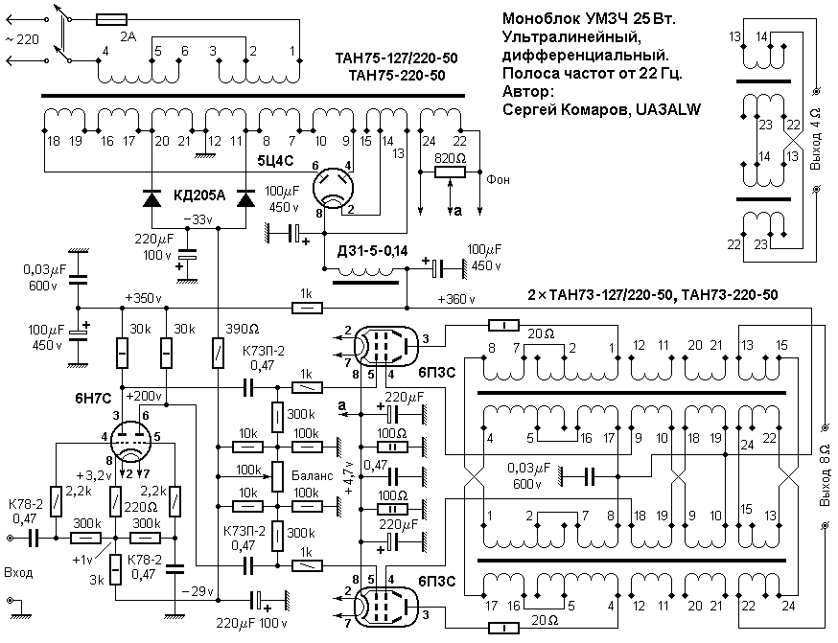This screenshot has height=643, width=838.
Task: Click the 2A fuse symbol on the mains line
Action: click(x=111, y=20)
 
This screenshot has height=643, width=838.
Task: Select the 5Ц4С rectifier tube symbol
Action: click(x=333, y=188)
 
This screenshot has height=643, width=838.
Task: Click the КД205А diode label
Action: click(x=199, y=195)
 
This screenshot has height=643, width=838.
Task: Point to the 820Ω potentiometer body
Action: click(x=450, y=172)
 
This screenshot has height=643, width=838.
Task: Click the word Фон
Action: click(x=498, y=180)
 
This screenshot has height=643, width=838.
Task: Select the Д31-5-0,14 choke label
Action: click(x=372, y=250)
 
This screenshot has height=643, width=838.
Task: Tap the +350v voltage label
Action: click(x=143, y=298)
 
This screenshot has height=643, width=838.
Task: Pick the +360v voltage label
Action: click(x=455, y=299)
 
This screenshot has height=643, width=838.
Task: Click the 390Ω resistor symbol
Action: click(x=218, y=353)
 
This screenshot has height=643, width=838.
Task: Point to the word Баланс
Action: click(x=313, y=475)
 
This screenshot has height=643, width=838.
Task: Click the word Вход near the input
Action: click(x=19, y=573)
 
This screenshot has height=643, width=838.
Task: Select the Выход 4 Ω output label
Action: click(x=814, y=139)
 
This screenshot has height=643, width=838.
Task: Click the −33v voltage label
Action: click(x=198, y=219)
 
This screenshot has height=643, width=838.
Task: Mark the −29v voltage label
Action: click(x=198, y=591)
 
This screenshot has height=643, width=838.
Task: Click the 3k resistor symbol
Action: click(x=116, y=570)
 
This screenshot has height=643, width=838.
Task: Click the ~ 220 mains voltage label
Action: click(x=22, y=39)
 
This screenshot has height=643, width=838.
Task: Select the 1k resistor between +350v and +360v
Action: click(x=307, y=308)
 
